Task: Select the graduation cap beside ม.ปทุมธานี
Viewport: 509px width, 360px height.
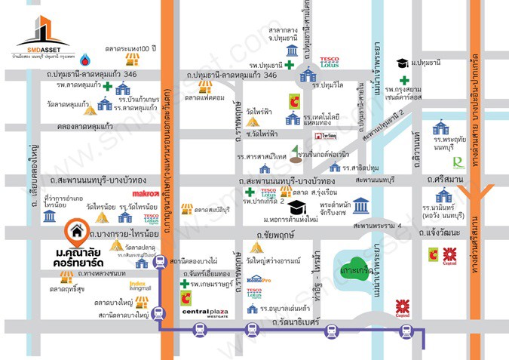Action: point(403,63)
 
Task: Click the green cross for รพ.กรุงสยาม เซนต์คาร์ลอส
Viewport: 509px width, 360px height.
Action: point(405,80)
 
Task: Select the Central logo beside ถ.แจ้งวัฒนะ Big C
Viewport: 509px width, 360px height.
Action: point(451,254)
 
